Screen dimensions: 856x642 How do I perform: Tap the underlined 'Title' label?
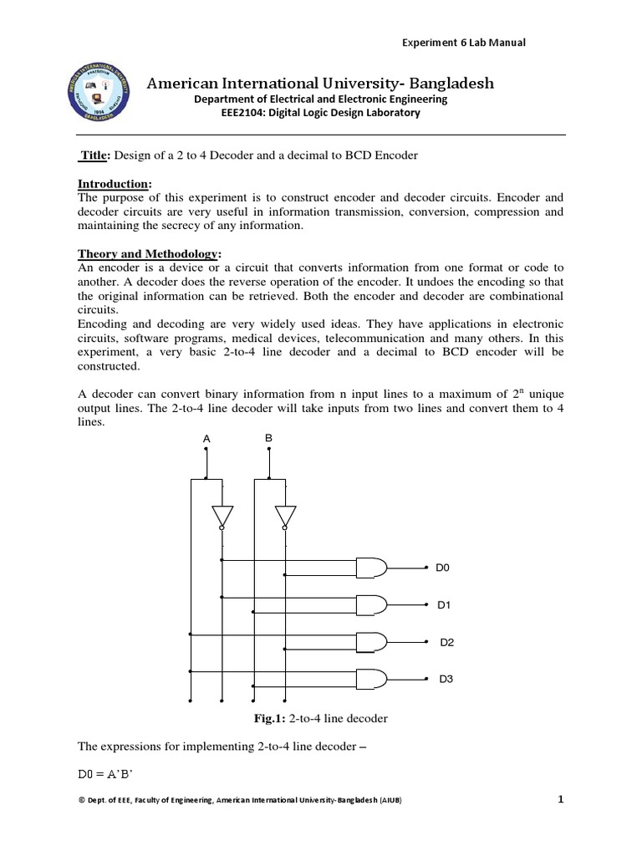[x=94, y=155]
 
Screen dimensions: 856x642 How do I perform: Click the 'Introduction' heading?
[x=115, y=183]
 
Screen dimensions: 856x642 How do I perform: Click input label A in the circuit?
[x=206, y=438]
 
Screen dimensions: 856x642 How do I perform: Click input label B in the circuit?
[x=268, y=437]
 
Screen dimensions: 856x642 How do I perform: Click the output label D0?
[x=443, y=568]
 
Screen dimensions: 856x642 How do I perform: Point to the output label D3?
[x=446, y=680]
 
